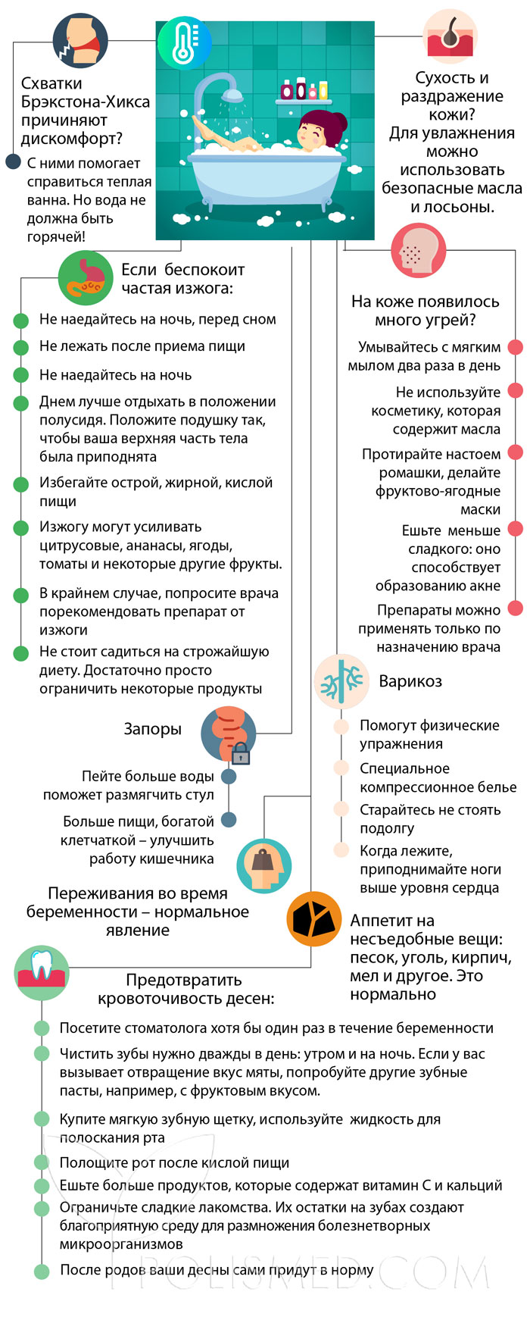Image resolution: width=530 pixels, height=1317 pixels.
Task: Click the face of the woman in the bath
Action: coord(312,136)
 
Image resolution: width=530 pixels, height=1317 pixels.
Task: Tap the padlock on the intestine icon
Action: coord(241,753)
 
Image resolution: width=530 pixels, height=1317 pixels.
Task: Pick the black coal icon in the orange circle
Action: coord(314,919)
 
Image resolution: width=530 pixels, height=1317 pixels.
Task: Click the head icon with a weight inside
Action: coord(264,865)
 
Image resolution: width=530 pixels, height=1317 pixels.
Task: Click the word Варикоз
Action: coord(410,681)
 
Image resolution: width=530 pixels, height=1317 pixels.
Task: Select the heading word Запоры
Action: coord(152,729)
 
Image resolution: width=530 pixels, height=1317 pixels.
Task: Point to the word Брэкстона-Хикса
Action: coord(86,102)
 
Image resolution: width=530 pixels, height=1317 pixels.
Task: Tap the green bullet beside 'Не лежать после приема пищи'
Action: coord(21,347)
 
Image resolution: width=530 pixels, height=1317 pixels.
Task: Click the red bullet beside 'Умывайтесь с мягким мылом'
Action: coord(515,348)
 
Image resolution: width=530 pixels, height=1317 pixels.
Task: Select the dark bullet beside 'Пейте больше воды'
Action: coord(229,777)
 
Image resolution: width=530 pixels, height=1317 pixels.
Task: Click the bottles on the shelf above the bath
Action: coord(301,89)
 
